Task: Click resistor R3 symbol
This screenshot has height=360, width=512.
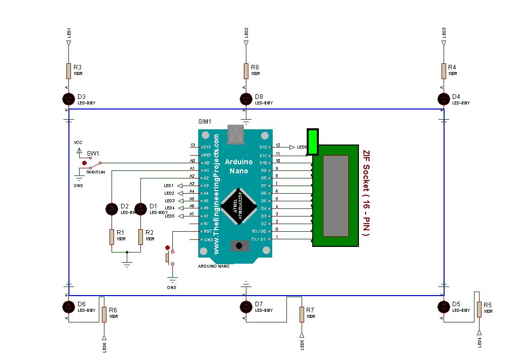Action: pos(68,71)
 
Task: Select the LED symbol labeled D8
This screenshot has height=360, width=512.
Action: pos(246,98)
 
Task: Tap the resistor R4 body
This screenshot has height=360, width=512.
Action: pos(444,71)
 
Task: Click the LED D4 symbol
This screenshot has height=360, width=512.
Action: pos(444,98)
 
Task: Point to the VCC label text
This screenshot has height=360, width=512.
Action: pos(78,142)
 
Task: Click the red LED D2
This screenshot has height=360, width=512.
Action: pos(112,208)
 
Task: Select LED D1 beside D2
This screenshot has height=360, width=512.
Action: pos(140,208)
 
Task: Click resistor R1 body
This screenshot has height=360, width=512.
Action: pos(112,237)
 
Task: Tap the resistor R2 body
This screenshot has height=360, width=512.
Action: pos(140,237)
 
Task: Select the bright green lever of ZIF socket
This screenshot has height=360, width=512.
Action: pos(312,141)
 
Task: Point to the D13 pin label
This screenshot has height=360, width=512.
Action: pos(206,147)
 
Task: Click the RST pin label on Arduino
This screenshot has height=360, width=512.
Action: pos(206,231)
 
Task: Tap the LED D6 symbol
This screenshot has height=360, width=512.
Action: pos(68,307)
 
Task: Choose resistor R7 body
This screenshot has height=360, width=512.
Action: pos(302,314)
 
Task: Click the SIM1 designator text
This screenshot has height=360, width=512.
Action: pos(204,122)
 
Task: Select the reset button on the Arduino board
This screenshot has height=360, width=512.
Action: pos(239,246)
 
